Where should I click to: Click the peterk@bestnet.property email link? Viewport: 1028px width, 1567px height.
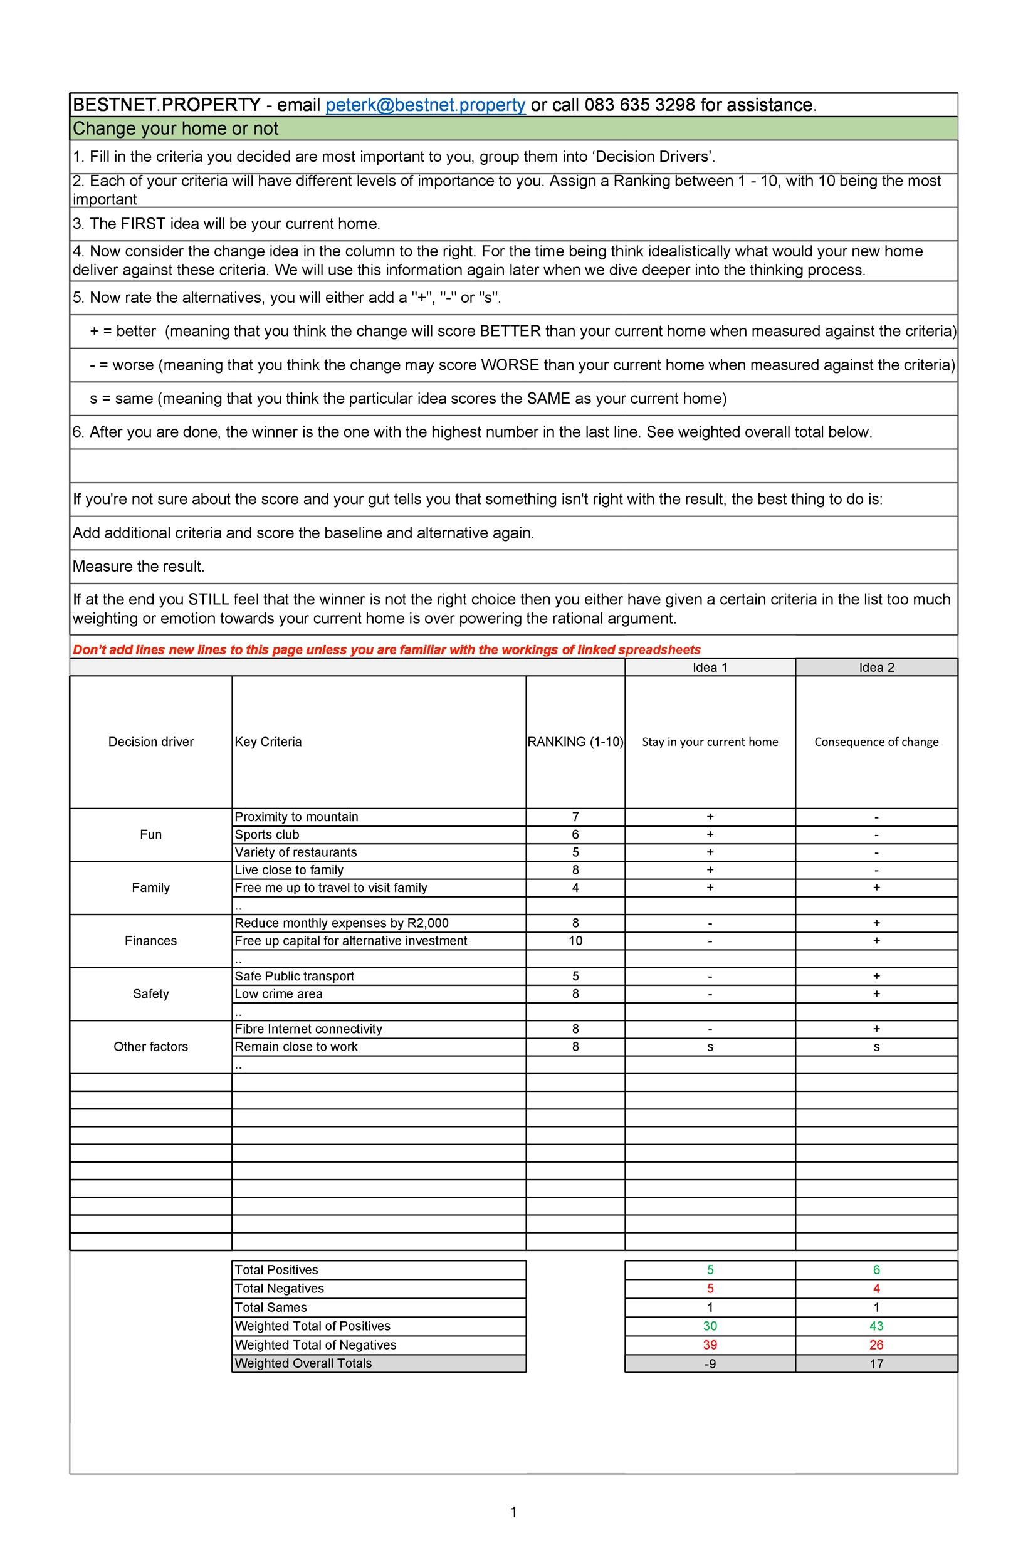tap(426, 105)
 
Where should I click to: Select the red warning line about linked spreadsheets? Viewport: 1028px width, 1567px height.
tap(387, 650)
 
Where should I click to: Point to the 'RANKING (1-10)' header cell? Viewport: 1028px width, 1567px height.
tap(575, 742)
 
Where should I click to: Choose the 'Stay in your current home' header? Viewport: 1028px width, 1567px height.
tap(710, 742)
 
